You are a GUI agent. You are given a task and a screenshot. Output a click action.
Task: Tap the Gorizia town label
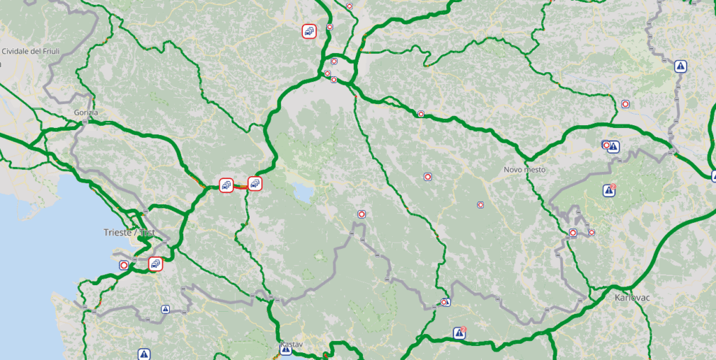tap(85, 113)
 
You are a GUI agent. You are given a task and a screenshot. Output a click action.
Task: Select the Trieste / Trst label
tap(129, 233)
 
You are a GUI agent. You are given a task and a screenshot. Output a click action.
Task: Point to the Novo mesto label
tap(524, 170)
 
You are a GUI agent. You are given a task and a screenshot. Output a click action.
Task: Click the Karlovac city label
tap(633, 297)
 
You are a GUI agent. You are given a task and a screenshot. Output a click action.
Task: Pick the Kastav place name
tap(291, 345)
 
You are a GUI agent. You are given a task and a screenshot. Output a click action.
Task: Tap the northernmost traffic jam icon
tap(309, 31)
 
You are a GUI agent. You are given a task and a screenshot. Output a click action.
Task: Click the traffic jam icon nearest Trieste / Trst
tap(155, 264)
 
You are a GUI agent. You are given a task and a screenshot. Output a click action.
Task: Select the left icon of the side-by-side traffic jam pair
tap(226, 185)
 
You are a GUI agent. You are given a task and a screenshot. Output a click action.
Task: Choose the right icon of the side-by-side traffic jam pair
tap(255, 184)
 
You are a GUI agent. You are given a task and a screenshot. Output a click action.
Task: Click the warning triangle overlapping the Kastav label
tap(285, 350)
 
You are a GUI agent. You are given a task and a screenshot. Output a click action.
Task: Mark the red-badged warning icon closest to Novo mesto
tap(610, 190)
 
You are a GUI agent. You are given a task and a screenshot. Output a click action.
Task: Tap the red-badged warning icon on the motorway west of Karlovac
tap(459, 333)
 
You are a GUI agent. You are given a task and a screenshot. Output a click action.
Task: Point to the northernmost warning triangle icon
tap(680, 66)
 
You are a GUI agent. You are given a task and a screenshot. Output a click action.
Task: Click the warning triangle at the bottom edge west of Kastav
tap(144, 354)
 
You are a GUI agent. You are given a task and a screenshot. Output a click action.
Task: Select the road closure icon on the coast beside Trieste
tap(124, 266)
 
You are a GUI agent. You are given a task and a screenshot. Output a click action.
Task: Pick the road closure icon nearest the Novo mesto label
tap(480, 205)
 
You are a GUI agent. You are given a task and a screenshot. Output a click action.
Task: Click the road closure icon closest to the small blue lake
tap(361, 214)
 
